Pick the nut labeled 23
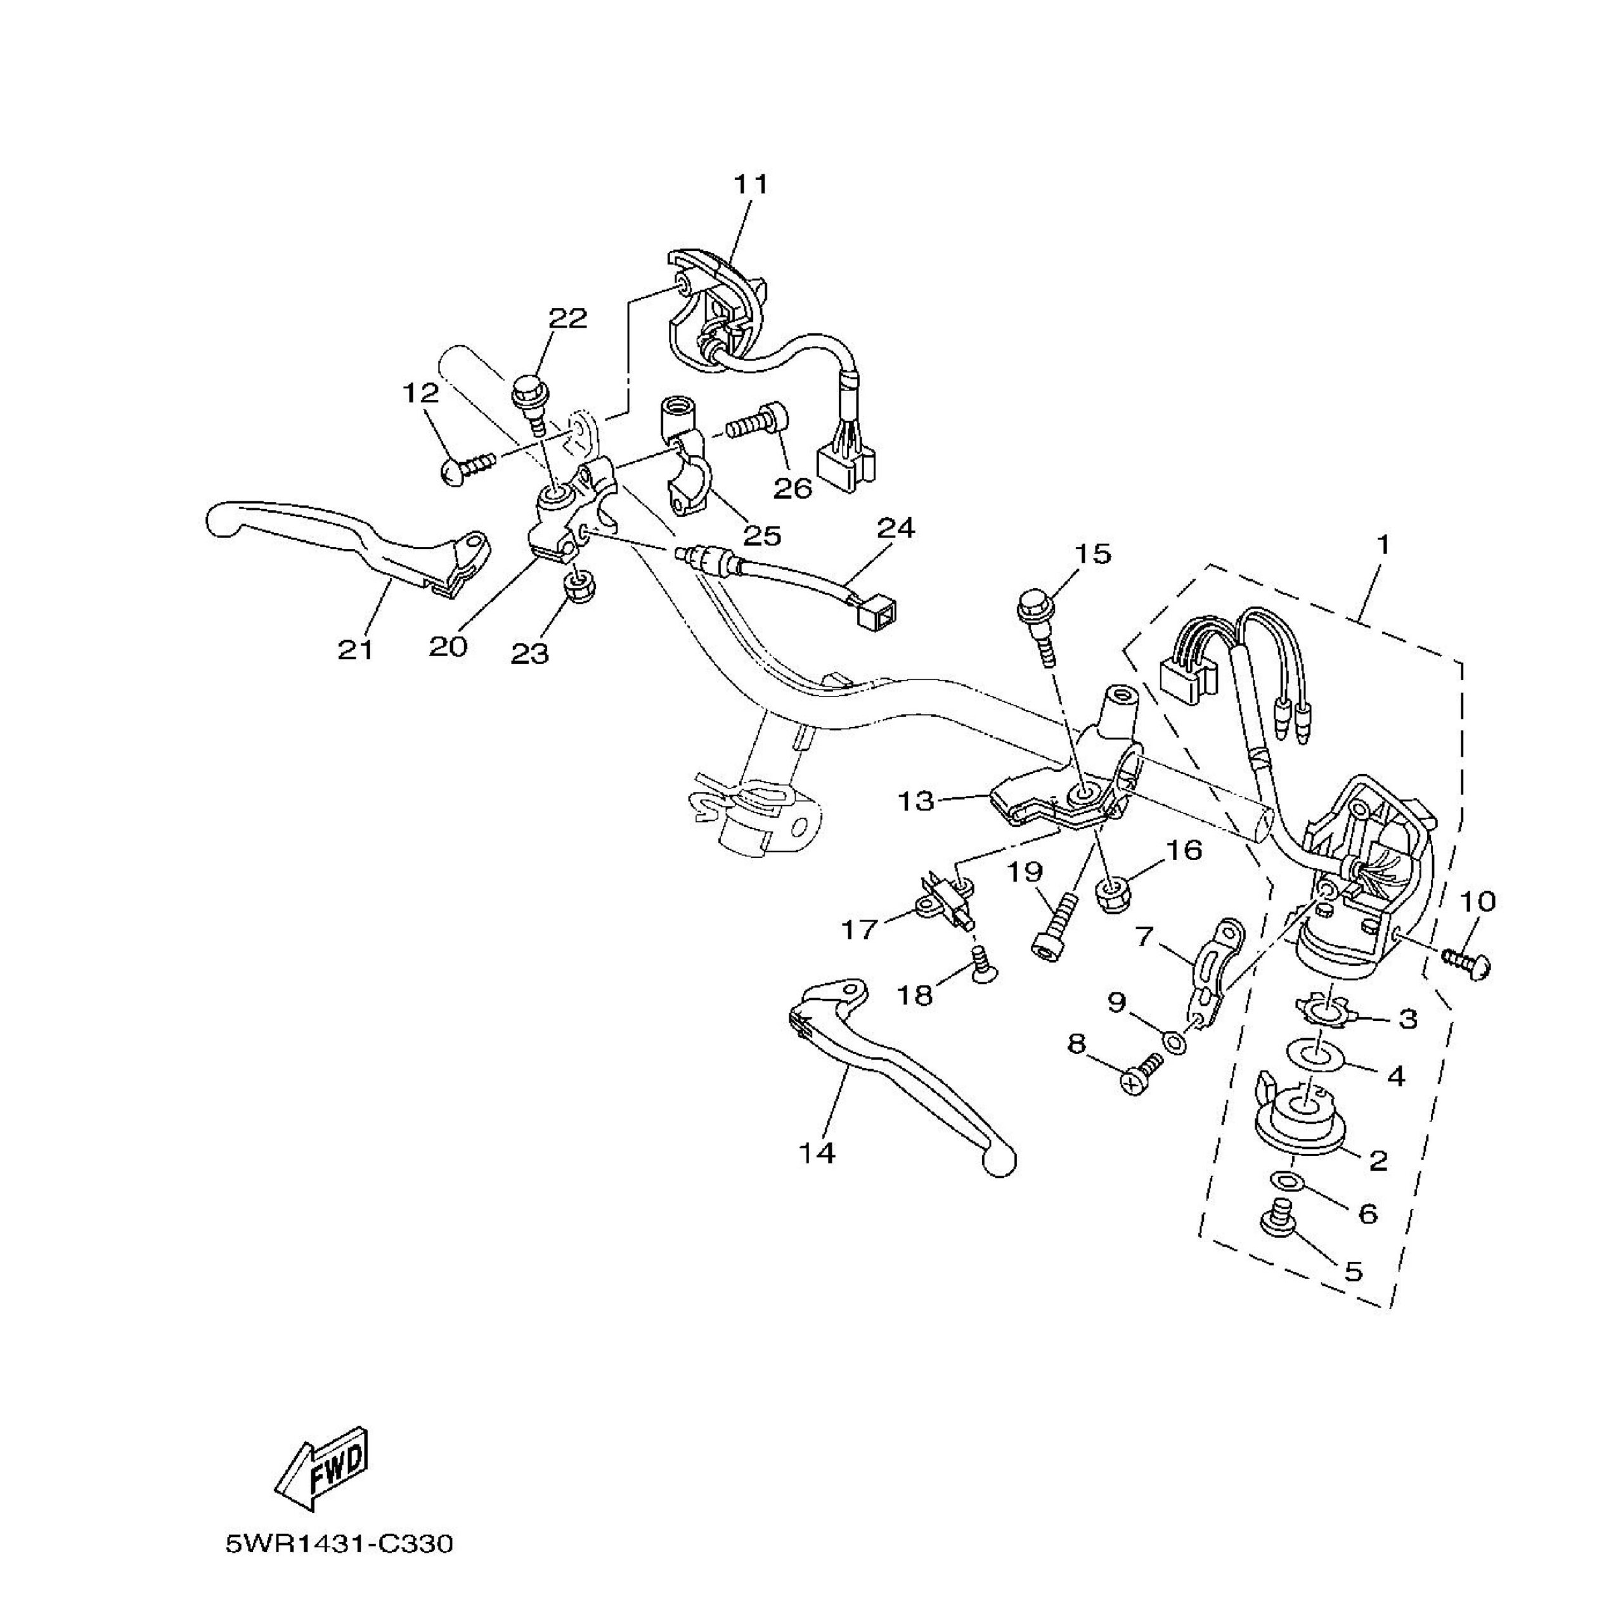[x=579, y=589]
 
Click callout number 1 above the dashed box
[x=1383, y=545]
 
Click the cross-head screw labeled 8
[x=1140, y=1075]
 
